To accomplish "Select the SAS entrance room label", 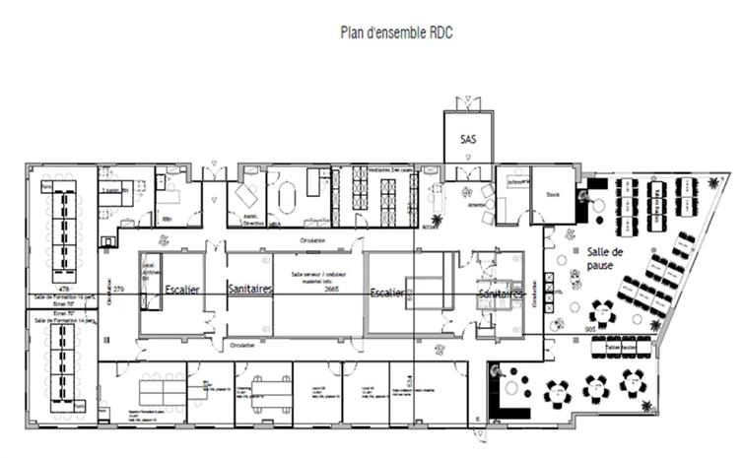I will pos(468,140).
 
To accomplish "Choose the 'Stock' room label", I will pos(552,194).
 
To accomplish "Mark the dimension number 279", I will pos(119,289).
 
